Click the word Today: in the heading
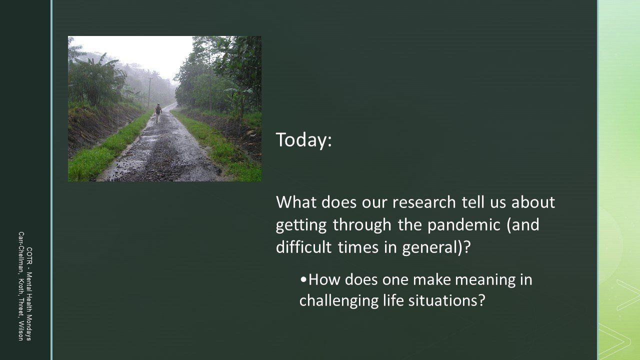tap(303, 140)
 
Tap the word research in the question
tap(424, 202)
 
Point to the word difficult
tap(303, 247)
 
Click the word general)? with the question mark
tap(436, 247)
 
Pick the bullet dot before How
tap(303, 279)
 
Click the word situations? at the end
tap(447, 300)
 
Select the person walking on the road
tap(157, 113)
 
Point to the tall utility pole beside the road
tap(149, 92)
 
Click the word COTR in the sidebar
tap(29, 256)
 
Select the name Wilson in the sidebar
tap(21, 331)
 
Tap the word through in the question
tap(362, 225)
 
